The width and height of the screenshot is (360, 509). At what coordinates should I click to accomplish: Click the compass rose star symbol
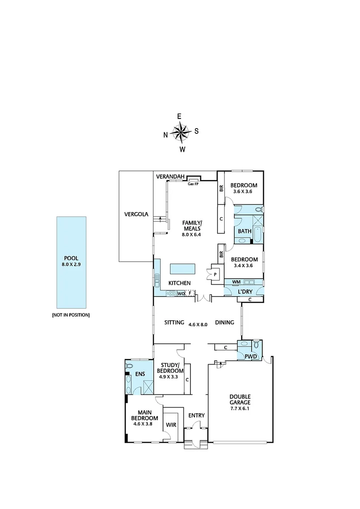[180, 132]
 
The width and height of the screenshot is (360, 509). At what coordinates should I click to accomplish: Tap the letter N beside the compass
[165, 135]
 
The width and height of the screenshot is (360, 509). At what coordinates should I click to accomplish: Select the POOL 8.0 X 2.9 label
[72, 261]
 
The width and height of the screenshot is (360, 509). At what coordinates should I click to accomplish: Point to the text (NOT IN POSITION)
[71, 314]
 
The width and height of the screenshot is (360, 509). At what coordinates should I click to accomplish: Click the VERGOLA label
[136, 214]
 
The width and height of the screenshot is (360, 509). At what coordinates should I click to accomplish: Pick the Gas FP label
[193, 184]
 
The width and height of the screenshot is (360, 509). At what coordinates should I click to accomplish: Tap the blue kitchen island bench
[183, 269]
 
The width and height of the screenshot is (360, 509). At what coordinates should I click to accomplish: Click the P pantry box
[215, 274]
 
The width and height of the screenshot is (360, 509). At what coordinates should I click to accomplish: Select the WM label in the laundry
[237, 282]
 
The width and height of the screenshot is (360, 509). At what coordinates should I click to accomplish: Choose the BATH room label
[244, 231]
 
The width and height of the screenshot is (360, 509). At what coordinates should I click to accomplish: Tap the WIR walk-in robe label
[171, 425]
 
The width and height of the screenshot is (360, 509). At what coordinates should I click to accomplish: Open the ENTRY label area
[196, 415]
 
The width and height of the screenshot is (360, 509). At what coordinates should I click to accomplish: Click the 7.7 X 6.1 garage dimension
[240, 410]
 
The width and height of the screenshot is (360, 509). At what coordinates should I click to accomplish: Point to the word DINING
[225, 323]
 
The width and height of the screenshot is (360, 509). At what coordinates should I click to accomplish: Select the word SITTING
[174, 323]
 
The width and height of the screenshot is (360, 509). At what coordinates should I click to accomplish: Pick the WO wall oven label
[180, 293]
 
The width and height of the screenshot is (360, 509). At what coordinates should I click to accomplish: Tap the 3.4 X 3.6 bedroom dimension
[244, 266]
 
